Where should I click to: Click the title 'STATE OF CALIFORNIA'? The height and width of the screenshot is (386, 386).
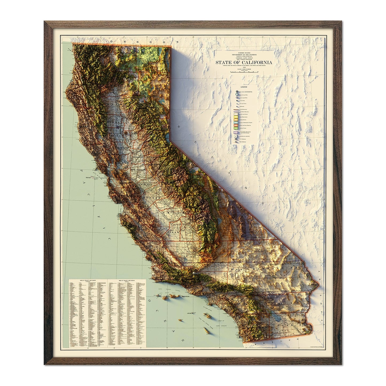point(244,63)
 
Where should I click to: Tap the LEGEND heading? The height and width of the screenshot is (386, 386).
point(244,87)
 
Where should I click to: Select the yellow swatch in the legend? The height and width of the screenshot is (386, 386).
point(236,117)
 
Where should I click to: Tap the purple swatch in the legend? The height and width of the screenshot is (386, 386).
point(236,132)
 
